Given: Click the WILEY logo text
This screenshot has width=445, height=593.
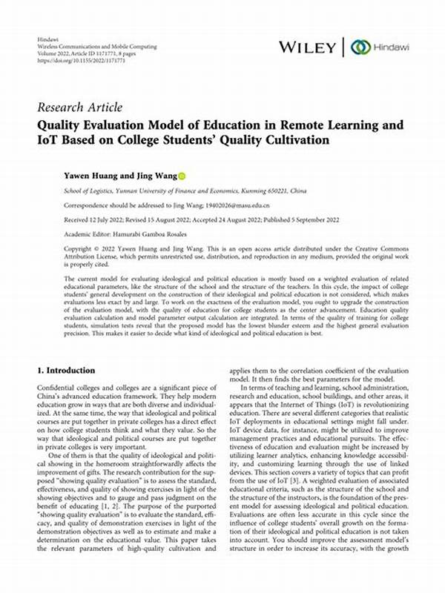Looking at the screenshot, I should pyautogui.click(x=308, y=47).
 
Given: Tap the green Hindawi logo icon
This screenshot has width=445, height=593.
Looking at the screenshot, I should pyautogui.click(x=361, y=47).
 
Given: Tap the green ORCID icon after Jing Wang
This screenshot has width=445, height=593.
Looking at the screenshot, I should pyautogui.click(x=182, y=176).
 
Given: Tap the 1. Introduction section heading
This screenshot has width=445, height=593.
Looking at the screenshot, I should pyautogui.click(x=66, y=370).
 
